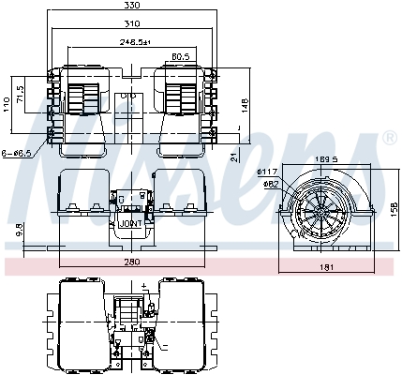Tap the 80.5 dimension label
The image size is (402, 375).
[182, 56]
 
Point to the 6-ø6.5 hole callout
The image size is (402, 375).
[16, 153]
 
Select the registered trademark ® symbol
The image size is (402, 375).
[388, 140]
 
